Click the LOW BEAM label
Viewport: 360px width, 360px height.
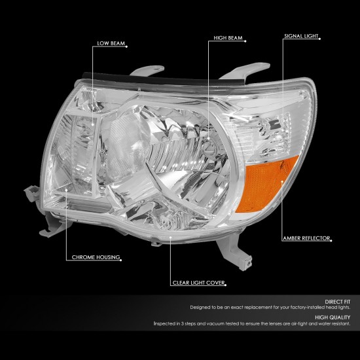tap(111, 43)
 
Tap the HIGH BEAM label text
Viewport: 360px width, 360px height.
tap(228, 38)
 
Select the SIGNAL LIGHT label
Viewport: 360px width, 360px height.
tap(301, 36)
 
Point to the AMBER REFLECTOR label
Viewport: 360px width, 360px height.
tap(306, 238)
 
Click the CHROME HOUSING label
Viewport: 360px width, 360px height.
tap(96, 257)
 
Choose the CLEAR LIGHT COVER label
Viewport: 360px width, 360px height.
tap(198, 283)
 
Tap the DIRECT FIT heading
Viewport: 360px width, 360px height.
tap(338, 302)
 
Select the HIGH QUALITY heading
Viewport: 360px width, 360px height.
tap(333, 317)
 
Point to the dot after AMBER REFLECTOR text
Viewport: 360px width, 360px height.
tap(331, 241)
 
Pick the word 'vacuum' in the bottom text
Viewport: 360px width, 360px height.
tap(216, 324)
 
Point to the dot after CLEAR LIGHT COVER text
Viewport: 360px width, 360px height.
tap(225, 285)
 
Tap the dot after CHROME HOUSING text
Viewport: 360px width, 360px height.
tap(121, 260)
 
